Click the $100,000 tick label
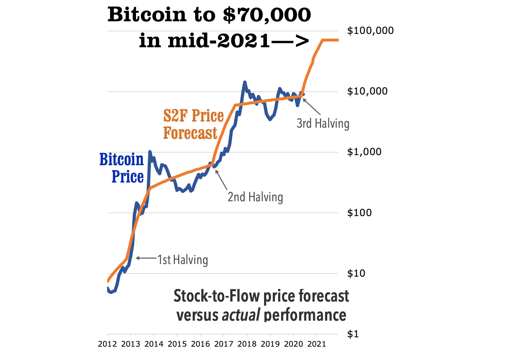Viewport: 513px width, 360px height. (x=370, y=31)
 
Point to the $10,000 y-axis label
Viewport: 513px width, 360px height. (x=367, y=91)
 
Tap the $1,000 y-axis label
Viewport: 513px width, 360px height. (x=364, y=152)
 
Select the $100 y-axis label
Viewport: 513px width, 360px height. (x=359, y=212)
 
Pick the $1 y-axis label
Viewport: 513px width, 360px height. (x=353, y=334)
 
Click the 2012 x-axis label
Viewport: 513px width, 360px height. (x=108, y=344)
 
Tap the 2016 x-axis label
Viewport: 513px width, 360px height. (x=201, y=344)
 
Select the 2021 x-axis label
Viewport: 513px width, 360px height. (x=317, y=344)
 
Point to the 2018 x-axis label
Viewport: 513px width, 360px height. (x=247, y=344)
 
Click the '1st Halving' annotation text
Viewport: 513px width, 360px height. (x=183, y=260)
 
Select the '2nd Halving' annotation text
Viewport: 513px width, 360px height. (x=255, y=197)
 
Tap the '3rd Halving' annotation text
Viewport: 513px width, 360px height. (x=323, y=123)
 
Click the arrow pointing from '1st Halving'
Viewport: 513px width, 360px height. (x=146, y=258)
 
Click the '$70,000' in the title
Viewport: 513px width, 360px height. (x=267, y=15)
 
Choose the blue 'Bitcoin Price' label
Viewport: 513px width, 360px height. (x=122, y=168)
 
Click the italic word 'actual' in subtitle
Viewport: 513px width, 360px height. (x=241, y=315)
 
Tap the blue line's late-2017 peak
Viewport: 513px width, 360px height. (x=245, y=83)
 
